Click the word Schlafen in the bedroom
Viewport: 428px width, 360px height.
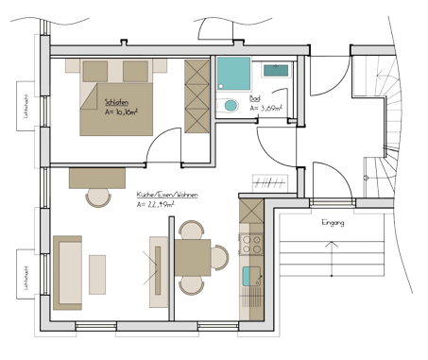coord(117,101)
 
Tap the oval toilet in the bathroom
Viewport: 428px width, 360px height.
coord(230,106)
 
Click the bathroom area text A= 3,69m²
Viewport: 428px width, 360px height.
coord(266,110)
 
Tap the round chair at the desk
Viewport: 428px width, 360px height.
coord(97,196)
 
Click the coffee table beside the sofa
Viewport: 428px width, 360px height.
coord(98,274)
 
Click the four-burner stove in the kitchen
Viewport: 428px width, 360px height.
coord(251,244)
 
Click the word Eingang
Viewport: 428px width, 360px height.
coord(333,223)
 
